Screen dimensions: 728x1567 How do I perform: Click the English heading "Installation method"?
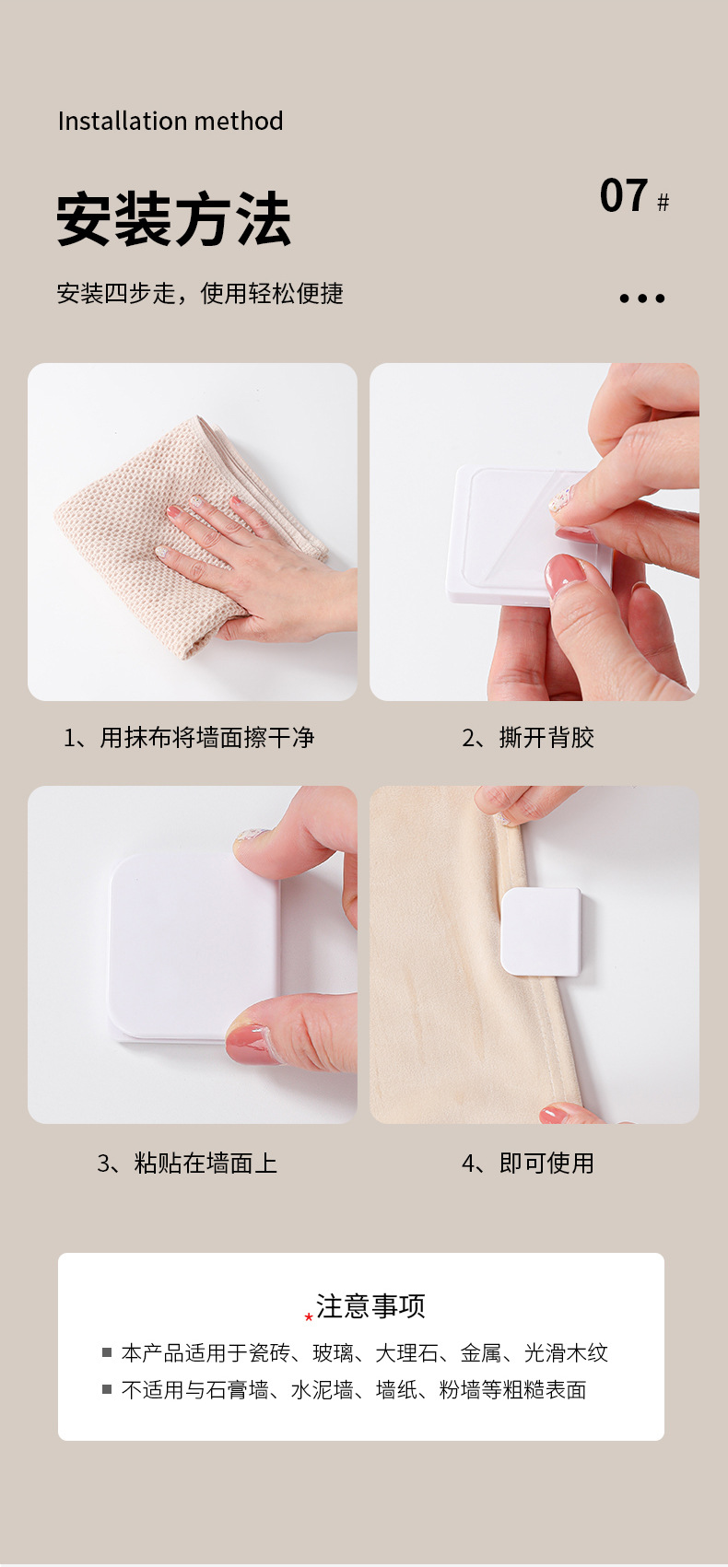170,121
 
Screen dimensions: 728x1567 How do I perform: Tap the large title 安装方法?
173,219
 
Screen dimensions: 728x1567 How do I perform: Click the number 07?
624,195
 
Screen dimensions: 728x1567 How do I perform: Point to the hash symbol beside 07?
663,203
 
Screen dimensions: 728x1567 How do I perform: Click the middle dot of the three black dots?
642,298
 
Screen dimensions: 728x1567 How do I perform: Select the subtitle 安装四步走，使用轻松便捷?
200,293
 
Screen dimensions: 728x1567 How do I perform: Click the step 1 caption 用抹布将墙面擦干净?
207,737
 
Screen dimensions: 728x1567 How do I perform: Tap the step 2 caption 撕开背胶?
546,737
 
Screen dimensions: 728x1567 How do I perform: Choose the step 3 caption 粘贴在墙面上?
205,1164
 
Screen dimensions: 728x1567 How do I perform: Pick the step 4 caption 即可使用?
546,1164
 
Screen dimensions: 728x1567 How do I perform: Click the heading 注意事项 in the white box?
371,1306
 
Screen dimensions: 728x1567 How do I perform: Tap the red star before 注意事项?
309,1317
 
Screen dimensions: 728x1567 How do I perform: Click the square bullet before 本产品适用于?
107,1352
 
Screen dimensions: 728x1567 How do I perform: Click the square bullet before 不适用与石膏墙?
107,1388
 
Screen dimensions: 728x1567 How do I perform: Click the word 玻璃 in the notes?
334,1353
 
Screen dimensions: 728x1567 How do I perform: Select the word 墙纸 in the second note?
397,1389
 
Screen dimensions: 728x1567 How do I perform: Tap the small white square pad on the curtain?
541,931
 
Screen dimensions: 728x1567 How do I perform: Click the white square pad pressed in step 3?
194,948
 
